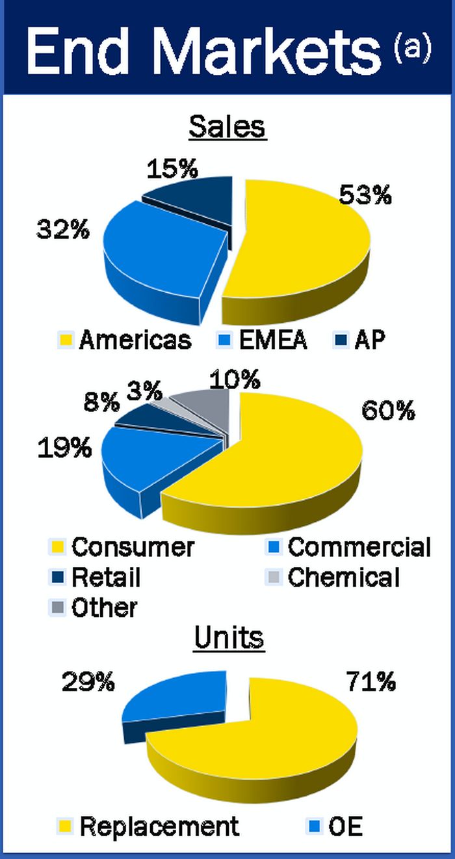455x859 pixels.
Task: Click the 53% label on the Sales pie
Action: point(365,195)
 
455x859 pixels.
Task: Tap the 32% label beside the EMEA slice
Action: point(62,230)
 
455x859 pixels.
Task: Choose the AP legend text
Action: point(370,340)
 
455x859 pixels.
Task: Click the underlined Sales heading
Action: point(227,127)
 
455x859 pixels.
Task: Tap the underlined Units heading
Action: point(229,638)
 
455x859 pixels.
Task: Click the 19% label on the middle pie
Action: point(64,448)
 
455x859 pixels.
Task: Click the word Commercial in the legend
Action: point(359,547)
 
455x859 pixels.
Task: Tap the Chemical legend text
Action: point(344,577)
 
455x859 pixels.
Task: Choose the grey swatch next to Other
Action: point(58,608)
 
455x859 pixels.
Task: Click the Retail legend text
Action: point(106,577)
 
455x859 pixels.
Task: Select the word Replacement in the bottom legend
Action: point(159,826)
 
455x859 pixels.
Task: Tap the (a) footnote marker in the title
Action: point(412,50)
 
